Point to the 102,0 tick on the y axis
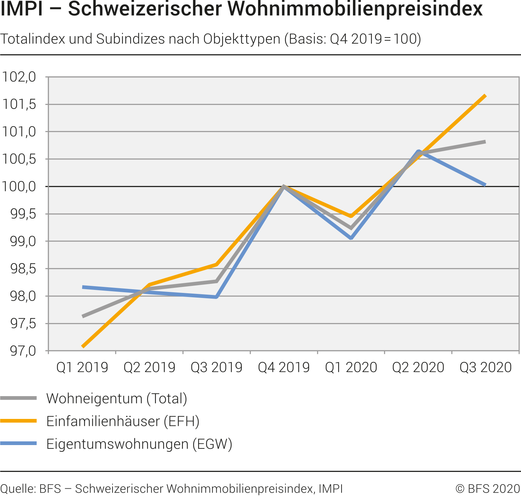(x=19, y=77)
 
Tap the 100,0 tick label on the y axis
(x=19, y=186)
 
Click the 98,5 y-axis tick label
(x=23, y=269)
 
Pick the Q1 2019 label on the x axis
(x=82, y=368)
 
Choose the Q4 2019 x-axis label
(x=284, y=368)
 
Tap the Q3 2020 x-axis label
(x=486, y=368)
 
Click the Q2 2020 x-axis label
(x=418, y=368)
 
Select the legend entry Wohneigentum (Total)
(x=117, y=398)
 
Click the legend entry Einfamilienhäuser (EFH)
(x=123, y=421)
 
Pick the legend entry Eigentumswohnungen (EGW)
(x=139, y=444)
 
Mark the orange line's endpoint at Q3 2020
(x=485, y=96)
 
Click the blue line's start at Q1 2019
(x=83, y=287)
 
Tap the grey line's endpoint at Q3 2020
(x=485, y=142)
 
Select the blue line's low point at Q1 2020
(x=351, y=238)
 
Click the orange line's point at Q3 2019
(x=217, y=265)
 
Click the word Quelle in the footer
(x=17, y=489)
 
